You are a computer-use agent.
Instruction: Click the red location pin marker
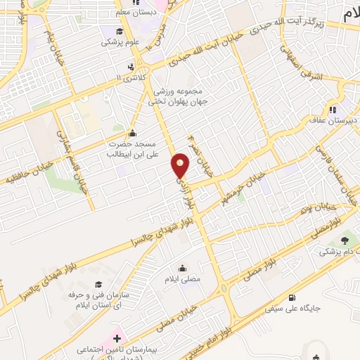coord(181,165)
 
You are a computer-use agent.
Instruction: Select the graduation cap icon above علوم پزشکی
coord(120,31)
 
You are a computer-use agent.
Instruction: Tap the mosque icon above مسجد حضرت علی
coord(131,134)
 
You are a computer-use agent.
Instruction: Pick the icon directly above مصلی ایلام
coord(182,268)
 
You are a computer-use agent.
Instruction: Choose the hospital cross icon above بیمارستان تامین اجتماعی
coord(116,338)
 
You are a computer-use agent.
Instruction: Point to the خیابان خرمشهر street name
coord(243,184)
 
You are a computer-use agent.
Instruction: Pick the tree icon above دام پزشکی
coord(344,241)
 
